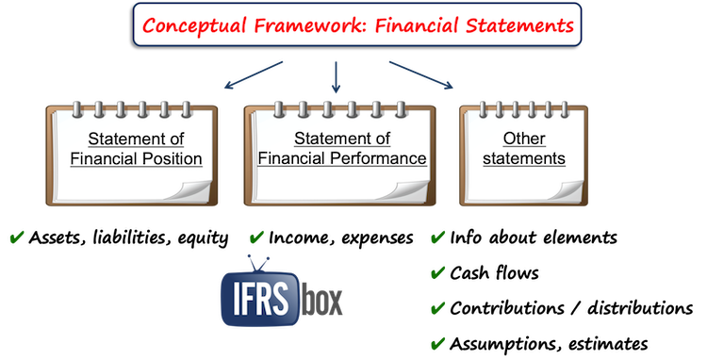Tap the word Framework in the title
pyautogui.click(x=299, y=25)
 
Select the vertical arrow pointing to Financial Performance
pyautogui.click(x=337, y=76)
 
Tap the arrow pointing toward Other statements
pyautogui.click(x=421, y=76)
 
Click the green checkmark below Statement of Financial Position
pyautogui.click(x=15, y=236)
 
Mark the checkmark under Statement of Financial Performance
pyautogui.click(x=255, y=236)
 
